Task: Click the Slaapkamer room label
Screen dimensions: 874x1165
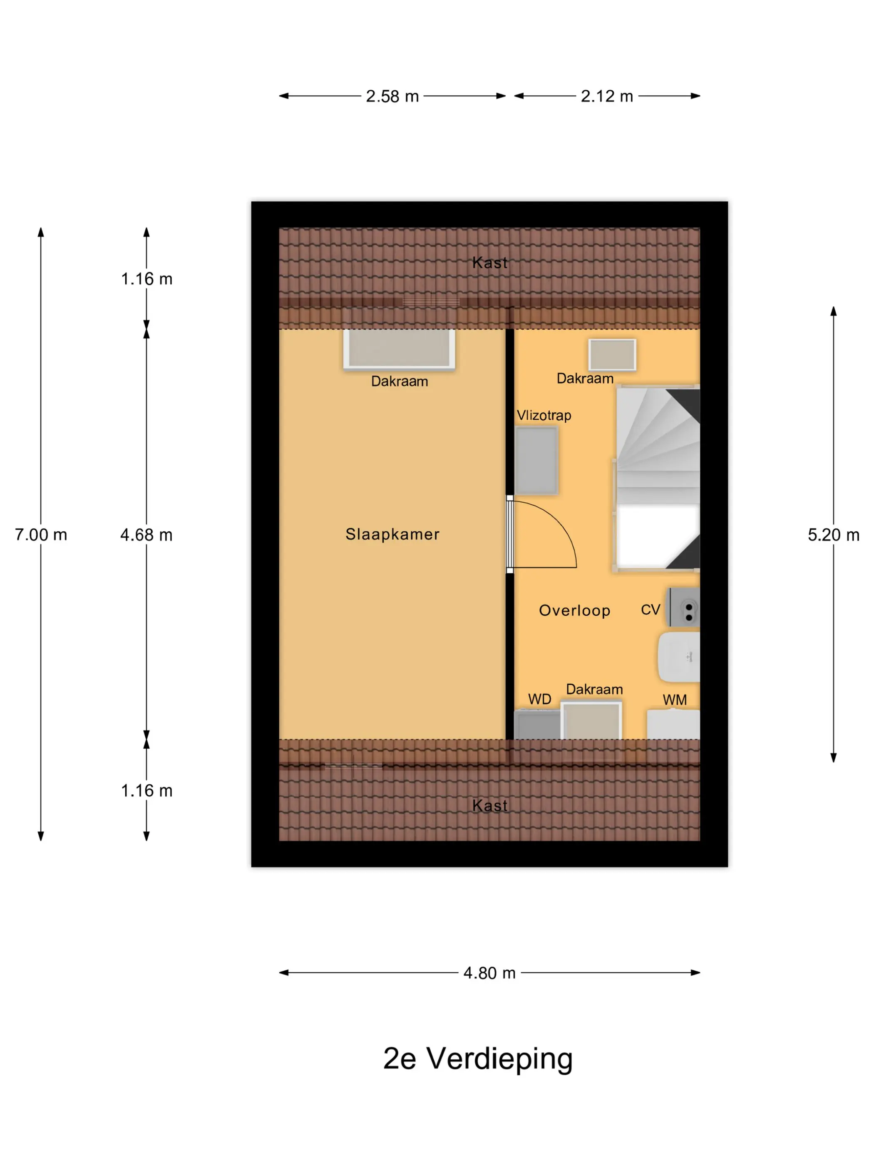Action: pos(392,534)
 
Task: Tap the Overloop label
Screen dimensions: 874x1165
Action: pos(574,610)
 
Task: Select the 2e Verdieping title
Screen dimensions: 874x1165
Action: pos(477,1059)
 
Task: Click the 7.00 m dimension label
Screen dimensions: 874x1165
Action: pos(41,535)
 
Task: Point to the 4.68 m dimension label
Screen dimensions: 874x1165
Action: pos(146,535)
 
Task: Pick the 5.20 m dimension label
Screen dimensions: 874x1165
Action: pos(834,535)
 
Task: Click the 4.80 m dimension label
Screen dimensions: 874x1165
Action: pos(489,973)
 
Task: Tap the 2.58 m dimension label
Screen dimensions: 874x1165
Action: pos(392,97)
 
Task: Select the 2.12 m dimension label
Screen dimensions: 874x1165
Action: pos(607,97)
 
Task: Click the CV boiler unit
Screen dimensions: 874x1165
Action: pos(683,609)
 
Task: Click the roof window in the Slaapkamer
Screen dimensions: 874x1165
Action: pos(399,349)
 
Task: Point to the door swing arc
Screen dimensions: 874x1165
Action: pos(561,526)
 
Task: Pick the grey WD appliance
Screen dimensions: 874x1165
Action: pos(537,725)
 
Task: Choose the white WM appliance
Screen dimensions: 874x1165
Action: pos(673,725)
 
